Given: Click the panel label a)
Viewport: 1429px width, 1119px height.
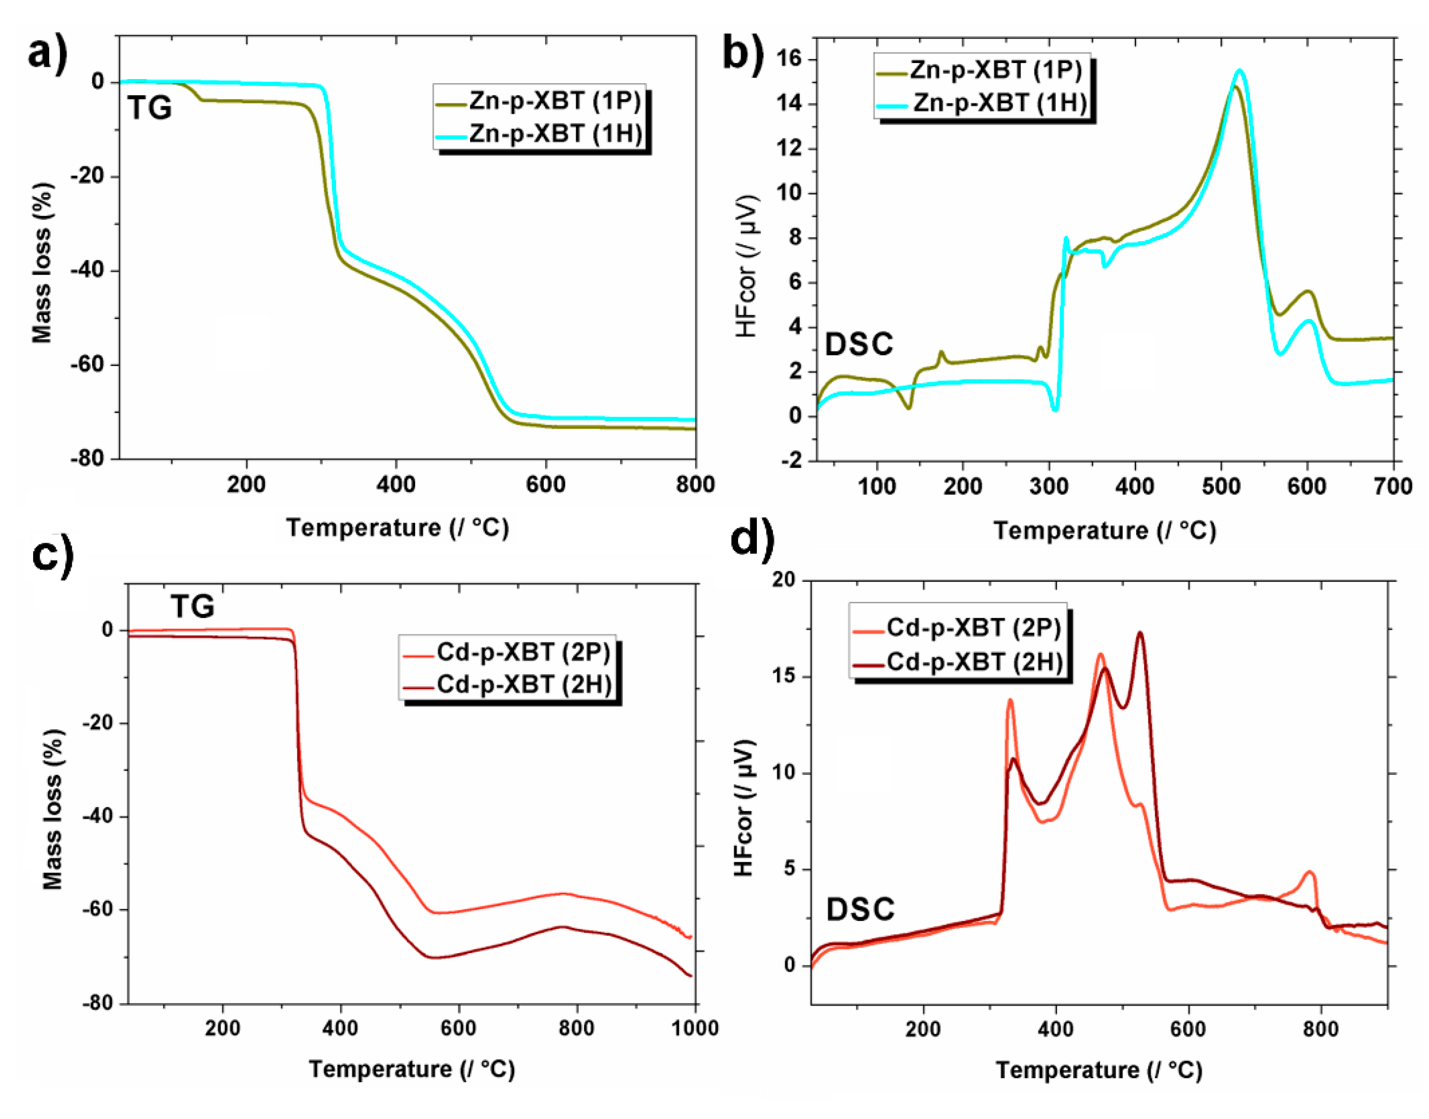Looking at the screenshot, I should [47, 52].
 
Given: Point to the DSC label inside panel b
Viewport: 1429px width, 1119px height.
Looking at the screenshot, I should [858, 344].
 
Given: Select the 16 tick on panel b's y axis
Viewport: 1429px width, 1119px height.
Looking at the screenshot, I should [788, 60].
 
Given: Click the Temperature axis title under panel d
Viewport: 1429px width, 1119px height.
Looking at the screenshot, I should [1099, 1071].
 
